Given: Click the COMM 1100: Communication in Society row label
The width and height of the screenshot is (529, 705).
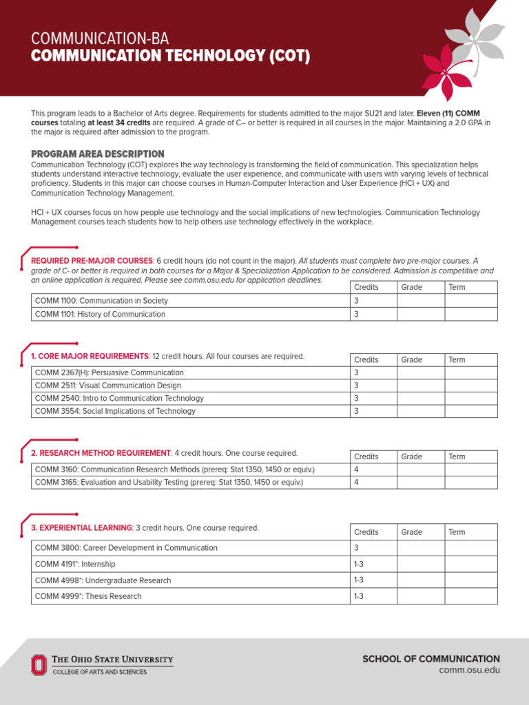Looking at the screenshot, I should pos(101,301).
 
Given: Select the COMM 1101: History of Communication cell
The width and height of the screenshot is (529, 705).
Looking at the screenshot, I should pos(100,314).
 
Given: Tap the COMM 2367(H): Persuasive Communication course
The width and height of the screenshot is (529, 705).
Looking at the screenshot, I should pos(109,372).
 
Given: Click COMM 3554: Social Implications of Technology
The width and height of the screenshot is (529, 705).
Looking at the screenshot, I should pos(115,411).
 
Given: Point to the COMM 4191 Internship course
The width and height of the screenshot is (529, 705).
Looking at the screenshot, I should pos(75,564).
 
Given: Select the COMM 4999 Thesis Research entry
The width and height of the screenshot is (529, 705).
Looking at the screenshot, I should pos(88,596).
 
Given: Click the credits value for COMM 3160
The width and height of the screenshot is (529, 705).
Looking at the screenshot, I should pos(357,470).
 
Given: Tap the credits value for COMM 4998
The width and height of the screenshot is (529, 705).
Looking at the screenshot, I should pos(358,580).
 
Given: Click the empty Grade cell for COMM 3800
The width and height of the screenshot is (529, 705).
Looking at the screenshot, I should pos(420,548).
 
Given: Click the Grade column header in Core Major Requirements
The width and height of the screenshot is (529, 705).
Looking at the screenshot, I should pos(412,359).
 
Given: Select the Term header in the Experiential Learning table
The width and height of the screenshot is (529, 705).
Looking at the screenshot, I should pos(457,532).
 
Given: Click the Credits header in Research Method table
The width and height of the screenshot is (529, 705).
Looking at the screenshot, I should pos(366,456).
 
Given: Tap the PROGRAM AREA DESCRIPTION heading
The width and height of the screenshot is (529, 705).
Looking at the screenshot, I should pos(98,154).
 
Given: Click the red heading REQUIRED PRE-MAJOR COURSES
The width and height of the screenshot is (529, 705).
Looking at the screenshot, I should pos(92,261).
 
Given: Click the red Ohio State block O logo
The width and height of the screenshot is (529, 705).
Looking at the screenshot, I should pos(39,664).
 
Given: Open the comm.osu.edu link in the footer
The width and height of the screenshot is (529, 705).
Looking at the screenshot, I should pos(470,671).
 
